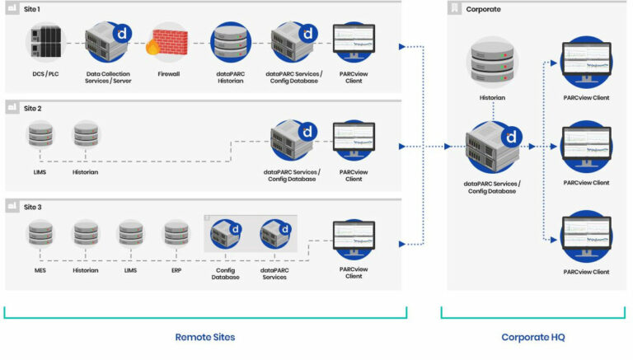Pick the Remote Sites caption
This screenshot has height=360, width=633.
click(x=205, y=337)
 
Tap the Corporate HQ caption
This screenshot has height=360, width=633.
click(x=532, y=337)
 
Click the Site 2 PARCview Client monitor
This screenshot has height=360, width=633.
click(x=354, y=140)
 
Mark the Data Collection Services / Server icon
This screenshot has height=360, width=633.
click(x=107, y=44)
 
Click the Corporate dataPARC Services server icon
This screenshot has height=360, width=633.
click(x=492, y=148)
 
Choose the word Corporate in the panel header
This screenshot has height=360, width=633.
click(x=483, y=9)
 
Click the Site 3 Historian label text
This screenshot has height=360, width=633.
click(x=85, y=270)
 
